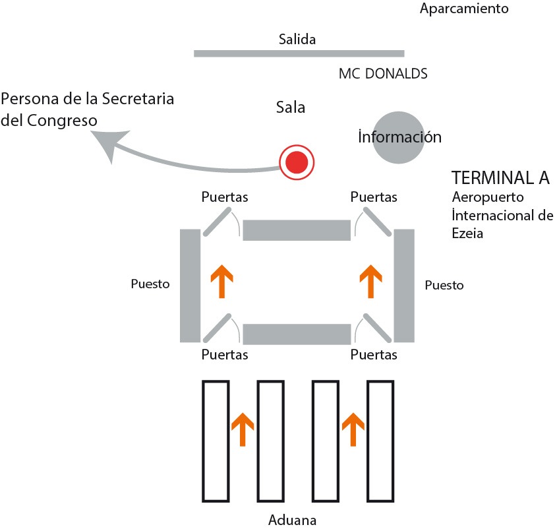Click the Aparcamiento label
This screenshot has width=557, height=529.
(464, 9)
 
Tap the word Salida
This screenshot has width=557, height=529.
(297, 40)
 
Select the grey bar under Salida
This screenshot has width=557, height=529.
(299, 53)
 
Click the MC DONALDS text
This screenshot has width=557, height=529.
(383, 74)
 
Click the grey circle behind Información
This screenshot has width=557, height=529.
(398, 137)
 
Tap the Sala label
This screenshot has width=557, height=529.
(291, 108)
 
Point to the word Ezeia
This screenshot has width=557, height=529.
(469, 233)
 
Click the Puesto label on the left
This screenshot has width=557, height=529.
(150, 284)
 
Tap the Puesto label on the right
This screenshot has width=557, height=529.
(444, 286)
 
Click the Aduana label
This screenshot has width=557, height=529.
(293, 520)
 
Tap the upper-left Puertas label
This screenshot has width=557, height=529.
(225, 197)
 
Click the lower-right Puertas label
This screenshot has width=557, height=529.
(374, 354)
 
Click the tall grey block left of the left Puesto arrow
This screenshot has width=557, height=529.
(190, 285)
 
